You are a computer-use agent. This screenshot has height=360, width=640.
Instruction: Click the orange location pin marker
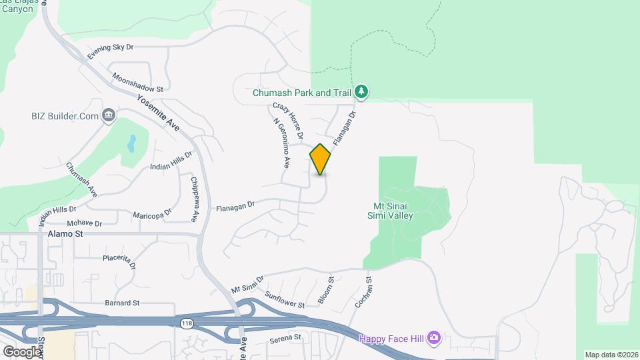click(x=320, y=159)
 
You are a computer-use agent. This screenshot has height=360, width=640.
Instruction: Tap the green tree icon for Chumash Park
click(x=361, y=91)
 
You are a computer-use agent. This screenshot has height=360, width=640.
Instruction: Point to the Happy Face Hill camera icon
click(x=434, y=338)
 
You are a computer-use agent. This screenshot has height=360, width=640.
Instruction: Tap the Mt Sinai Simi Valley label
click(x=391, y=211)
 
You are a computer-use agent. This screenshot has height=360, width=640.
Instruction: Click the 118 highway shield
click(x=186, y=323)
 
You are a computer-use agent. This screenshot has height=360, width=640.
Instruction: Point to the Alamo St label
click(x=65, y=235)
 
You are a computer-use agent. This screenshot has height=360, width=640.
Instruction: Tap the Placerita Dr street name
click(x=119, y=261)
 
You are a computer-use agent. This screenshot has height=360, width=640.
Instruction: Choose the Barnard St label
click(x=122, y=303)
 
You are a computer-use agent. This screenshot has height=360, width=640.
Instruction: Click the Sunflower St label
click(x=284, y=299)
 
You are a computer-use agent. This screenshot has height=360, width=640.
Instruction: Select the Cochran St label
click(x=363, y=294)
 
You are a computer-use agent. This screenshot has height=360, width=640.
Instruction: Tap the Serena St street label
click(x=285, y=338)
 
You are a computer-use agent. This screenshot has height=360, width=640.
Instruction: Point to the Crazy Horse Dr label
click(x=288, y=121)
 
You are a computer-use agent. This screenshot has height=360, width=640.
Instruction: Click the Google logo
click(x=21, y=351)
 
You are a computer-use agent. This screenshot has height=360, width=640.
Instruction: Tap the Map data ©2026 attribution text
click(x=610, y=355)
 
